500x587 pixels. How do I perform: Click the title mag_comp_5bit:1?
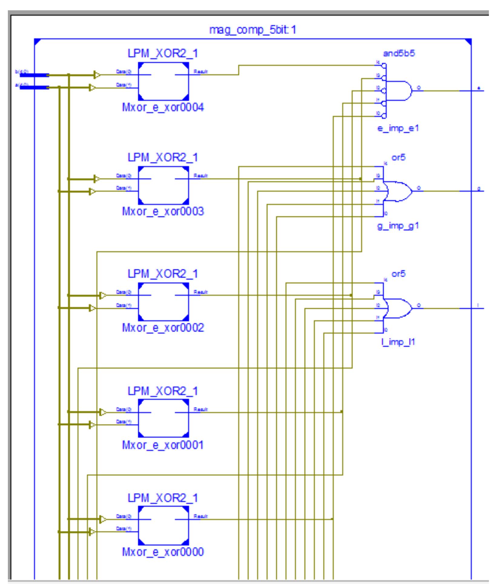tap(253, 30)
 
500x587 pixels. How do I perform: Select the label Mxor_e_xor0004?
tap(163, 108)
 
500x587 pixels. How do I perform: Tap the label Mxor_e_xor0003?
tap(163, 211)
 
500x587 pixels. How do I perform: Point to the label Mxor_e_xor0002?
tap(163, 328)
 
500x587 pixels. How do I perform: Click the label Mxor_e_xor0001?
tap(163, 445)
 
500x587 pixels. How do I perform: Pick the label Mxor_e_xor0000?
tap(163, 552)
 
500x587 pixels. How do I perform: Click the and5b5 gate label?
tap(399, 54)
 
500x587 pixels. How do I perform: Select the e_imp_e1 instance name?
tap(398, 128)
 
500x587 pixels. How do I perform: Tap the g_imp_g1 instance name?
tap(398, 226)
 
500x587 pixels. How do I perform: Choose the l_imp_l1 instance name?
tap(398, 342)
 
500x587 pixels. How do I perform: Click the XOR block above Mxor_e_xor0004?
tap(163, 81)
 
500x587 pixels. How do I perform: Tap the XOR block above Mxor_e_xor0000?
tap(163, 525)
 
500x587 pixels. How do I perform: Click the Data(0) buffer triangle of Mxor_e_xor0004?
tap(97, 75)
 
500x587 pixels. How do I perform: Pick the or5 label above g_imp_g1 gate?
tap(398, 158)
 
